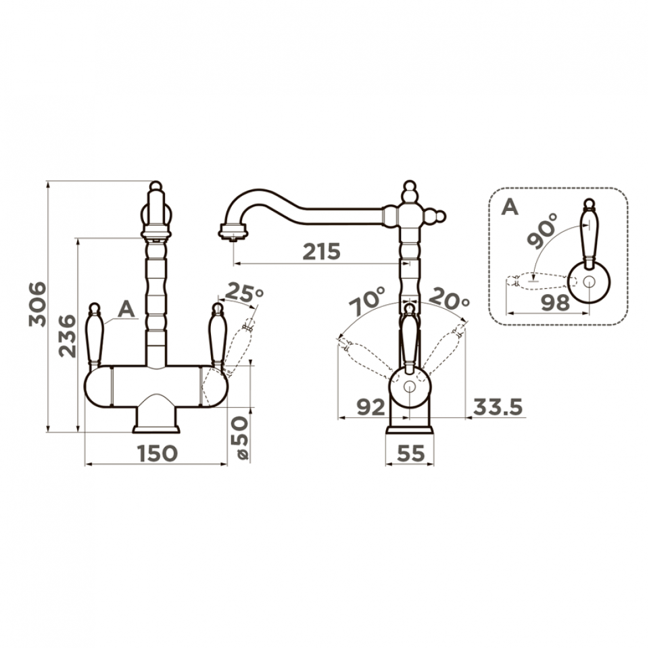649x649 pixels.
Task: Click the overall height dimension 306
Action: tap(37, 304)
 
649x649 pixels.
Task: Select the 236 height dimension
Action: tap(68, 336)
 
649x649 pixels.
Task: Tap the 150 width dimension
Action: tap(158, 453)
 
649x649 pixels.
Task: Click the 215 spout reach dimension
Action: tap(322, 251)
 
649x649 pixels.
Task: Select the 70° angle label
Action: tap(368, 302)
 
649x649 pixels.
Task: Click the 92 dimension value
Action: tap(371, 408)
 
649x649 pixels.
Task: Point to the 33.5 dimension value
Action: tap(498, 407)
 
